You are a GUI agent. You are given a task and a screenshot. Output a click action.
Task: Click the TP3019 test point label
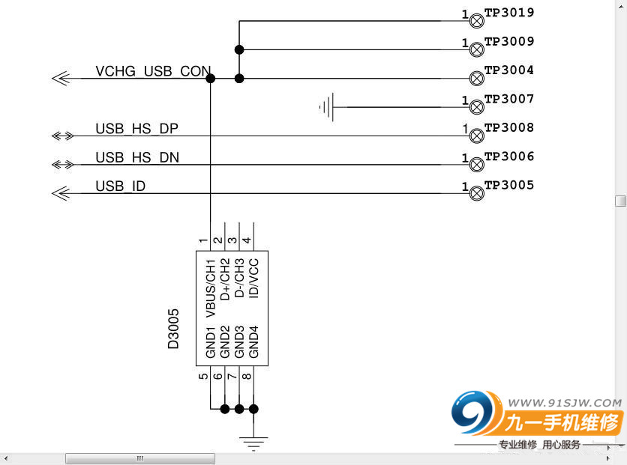509,13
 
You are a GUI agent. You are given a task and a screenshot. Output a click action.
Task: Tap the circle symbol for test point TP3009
476,49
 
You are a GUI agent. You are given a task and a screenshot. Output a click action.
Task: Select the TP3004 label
509,70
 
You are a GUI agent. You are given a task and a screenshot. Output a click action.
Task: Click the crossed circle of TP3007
476,107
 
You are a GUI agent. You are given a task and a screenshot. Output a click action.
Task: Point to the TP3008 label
509,128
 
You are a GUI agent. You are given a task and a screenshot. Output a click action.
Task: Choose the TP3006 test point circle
476,165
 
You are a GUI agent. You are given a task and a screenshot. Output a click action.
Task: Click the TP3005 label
509,185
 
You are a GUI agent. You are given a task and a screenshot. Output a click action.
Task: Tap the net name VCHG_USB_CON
153,72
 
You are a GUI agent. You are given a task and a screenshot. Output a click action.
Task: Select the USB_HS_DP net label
136,129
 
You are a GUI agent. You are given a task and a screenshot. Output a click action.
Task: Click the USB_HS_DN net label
136,157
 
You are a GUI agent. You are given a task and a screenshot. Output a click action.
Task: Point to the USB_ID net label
120,186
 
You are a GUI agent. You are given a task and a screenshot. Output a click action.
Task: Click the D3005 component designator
174,329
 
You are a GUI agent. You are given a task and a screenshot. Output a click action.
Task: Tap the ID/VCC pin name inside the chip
253,276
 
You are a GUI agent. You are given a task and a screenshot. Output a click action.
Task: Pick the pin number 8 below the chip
247,376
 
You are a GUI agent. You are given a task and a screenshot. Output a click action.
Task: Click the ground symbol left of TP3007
327,107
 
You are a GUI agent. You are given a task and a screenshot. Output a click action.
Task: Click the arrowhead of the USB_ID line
61,193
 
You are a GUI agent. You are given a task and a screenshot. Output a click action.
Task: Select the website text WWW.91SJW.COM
574,401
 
